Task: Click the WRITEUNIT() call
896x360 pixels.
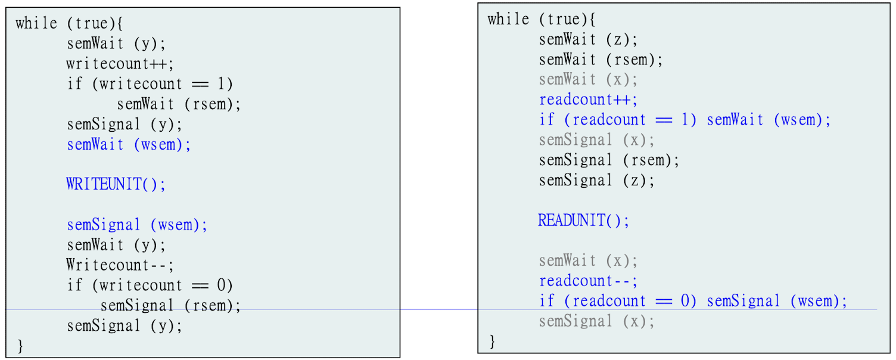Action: (x=116, y=184)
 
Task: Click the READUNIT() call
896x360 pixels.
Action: (x=583, y=221)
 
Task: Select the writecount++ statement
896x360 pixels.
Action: (x=120, y=64)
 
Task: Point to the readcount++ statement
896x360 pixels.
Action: (x=588, y=100)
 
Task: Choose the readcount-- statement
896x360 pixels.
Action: (x=588, y=281)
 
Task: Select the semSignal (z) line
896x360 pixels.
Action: (x=596, y=180)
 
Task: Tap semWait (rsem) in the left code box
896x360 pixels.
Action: (x=179, y=104)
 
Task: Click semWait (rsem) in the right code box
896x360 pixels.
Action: (x=601, y=60)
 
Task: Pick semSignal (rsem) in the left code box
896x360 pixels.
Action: (x=170, y=306)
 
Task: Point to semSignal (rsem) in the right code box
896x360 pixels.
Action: (x=609, y=160)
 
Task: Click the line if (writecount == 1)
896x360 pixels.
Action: (x=150, y=84)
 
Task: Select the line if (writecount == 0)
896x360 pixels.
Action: (x=150, y=285)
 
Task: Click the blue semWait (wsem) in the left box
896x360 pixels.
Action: (x=129, y=145)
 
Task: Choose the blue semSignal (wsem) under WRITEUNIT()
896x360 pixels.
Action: (x=137, y=225)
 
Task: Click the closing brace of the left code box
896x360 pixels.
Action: (x=20, y=345)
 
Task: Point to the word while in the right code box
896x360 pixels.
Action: (x=508, y=19)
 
